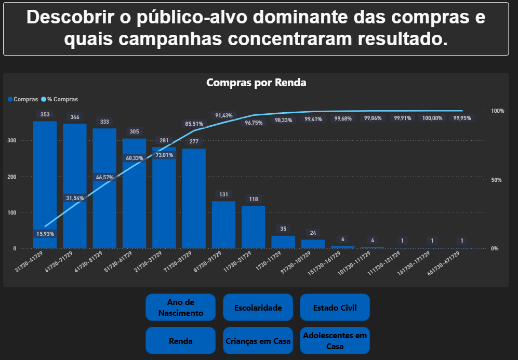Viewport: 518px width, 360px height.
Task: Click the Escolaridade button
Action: [258, 308]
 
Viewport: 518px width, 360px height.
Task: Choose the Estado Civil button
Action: [335, 308]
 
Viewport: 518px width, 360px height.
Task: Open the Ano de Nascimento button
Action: [180, 308]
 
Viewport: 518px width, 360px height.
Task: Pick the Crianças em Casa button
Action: [258, 341]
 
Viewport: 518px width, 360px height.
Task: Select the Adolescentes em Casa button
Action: [335, 341]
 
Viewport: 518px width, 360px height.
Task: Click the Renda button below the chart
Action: [180, 341]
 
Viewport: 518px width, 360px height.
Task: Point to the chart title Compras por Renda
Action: [256, 83]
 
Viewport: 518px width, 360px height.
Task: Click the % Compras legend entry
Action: [62, 99]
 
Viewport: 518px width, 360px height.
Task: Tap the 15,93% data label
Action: [45, 234]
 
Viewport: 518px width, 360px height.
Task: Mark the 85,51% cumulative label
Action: [194, 124]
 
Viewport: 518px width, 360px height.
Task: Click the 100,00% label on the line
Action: [432, 118]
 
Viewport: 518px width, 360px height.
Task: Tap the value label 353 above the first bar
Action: [45, 114]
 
